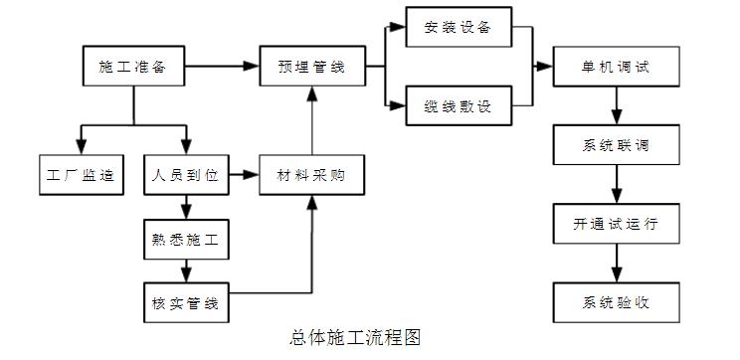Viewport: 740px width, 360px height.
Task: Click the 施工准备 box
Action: tap(133, 66)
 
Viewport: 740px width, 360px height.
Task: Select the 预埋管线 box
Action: tap(312, 66)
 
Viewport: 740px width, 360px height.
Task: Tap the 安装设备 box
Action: tap(459, 27)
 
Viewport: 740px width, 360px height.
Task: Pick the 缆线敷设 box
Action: tap(459, 105)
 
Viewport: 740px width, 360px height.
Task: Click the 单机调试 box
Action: tap(617, 67)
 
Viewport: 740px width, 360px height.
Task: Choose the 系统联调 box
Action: tap(617, 145)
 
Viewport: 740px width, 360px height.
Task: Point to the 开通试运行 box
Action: tap(617, 224)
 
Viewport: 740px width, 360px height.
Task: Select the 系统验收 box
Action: tap(617, 302)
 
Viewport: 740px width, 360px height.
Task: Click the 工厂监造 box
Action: tap(82, 175)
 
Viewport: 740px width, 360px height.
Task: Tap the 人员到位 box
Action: tap(186, 175)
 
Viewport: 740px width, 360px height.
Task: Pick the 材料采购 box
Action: tap(312, 175)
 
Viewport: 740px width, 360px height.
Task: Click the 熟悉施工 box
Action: tap(186, 240)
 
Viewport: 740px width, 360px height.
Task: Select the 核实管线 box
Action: tap(186, 302)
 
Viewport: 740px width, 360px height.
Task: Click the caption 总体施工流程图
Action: tap(354, 338)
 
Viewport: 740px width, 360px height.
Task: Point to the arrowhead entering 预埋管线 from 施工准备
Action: tap(252, 66)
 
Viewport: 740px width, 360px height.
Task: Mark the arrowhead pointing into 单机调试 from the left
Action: tap(545, 67)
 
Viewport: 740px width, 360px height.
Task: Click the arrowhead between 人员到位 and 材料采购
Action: tap(251, 175)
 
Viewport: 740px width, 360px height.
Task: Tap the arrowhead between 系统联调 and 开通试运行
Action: tap(617, 195)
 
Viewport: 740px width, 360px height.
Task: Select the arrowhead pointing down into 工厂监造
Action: tap(82, 147)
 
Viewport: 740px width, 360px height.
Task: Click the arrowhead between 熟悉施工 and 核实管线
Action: tap(186, 274)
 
